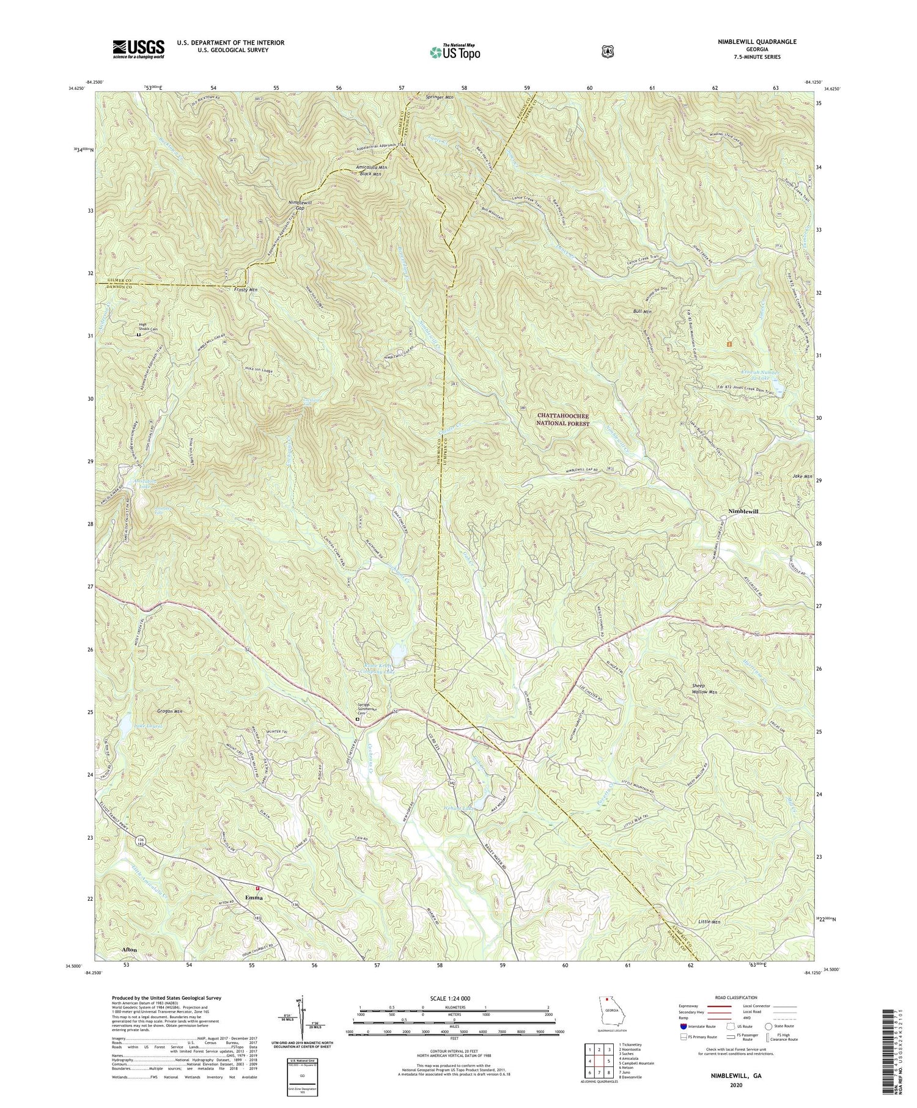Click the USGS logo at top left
(138, 49)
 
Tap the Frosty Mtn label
(244, 289)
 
